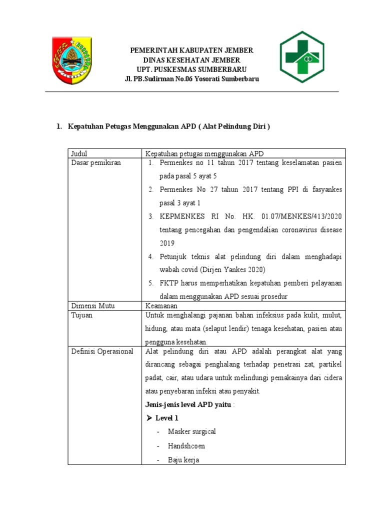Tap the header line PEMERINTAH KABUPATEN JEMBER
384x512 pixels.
coord(191,50)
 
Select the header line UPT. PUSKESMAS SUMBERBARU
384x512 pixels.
coord(191,69)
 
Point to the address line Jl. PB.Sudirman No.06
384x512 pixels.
coord(191,79)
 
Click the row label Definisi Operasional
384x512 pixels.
coord(102,351)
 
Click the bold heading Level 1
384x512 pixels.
coord(166,418)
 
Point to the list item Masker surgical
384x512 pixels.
coord(192,431)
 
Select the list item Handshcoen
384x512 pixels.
coord(186,445)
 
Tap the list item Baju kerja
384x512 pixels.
coord(183,460)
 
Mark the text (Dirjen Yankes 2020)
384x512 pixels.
coord(227,269)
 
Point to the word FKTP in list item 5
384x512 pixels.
coord(168,283)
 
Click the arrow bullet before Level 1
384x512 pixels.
coord(148,418)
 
